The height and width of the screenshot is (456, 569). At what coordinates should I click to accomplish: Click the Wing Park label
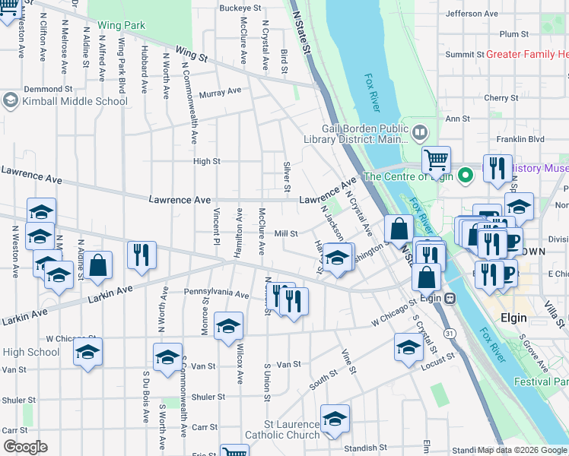click(121, 25)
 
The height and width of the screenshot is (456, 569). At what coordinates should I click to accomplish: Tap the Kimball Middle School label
click(75, 100)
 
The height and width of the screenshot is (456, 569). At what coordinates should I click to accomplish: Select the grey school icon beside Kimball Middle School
click(11, 100)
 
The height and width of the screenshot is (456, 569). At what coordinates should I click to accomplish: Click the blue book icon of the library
click(418, 134)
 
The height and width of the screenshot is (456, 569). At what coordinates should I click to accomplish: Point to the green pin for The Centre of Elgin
click(466, 176)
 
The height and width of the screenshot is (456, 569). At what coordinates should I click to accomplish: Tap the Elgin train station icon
click(450, 297)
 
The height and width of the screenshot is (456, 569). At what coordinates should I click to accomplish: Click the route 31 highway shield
click(450, 334)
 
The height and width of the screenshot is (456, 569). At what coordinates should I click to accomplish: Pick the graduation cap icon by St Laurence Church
click(335, 419)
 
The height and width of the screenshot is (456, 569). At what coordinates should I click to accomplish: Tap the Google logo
click(25, 446)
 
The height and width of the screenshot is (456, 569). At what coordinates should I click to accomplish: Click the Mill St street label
click(286, 234)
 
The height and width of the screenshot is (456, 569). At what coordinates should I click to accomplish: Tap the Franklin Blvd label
click(517, 139)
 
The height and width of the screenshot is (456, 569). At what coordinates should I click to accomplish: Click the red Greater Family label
click(527, 54)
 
